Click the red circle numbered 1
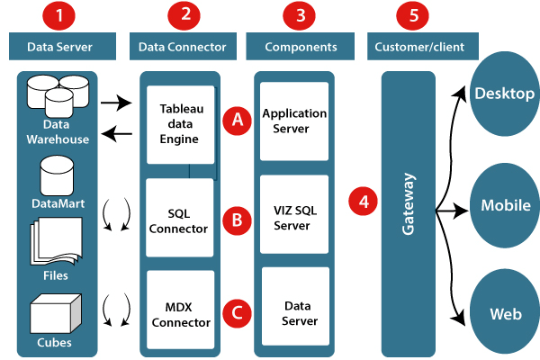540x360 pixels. point(60,15)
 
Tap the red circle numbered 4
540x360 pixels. point(364,202)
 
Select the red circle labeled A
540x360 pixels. point(237,120)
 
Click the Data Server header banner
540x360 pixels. point(61,46)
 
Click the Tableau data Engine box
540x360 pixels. point(181,124)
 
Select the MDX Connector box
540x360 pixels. point(181,310)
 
